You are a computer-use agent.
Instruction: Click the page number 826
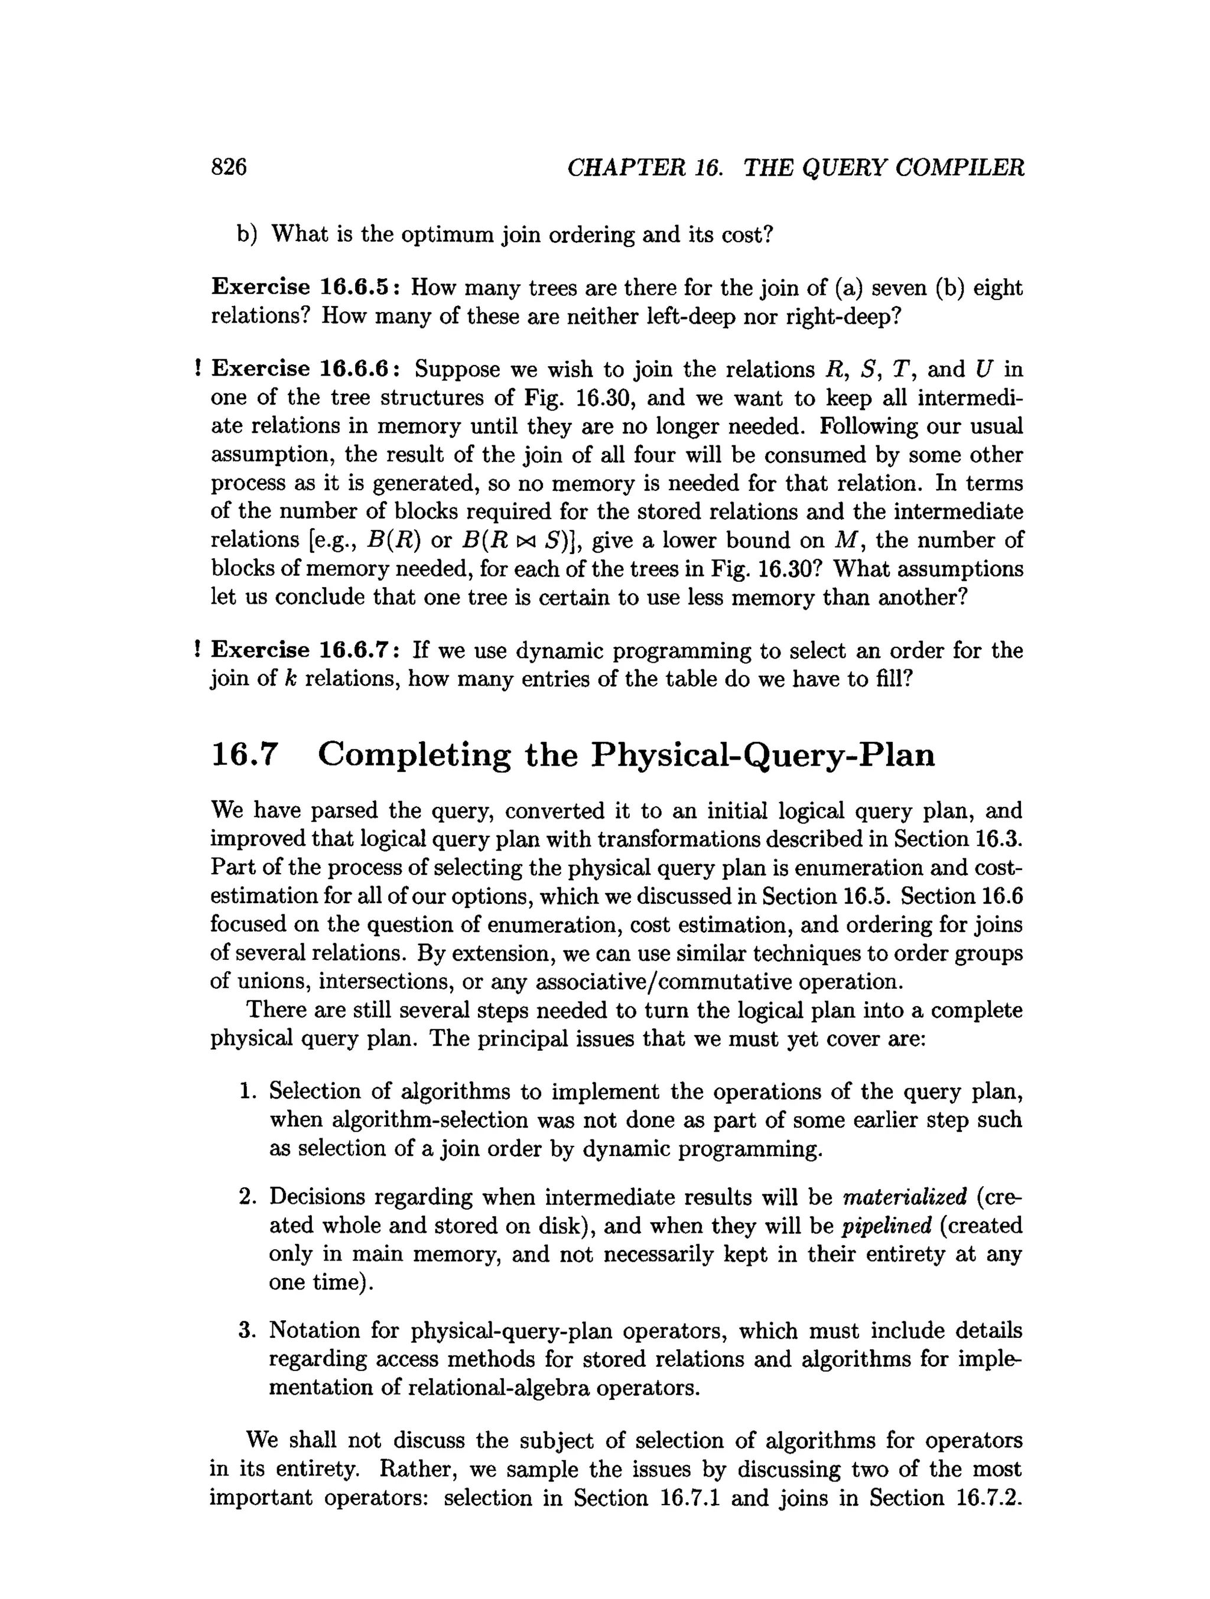pos(229,167)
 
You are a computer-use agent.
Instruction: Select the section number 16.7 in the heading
pos(245,755)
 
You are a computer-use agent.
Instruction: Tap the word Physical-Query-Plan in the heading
pos(763,755)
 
